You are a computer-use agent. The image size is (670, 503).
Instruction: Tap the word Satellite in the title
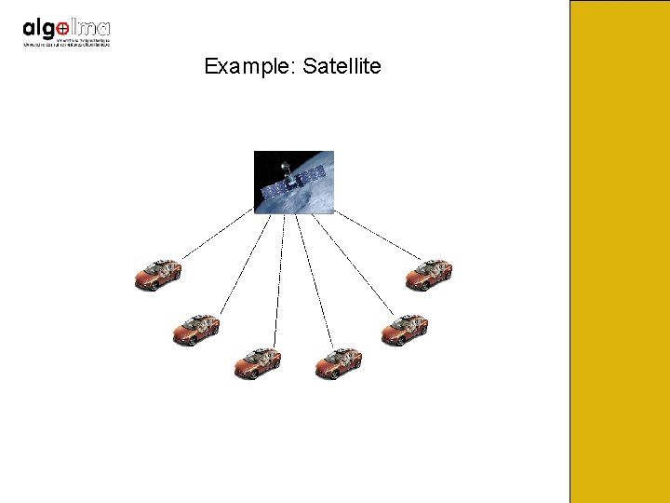point(342,67)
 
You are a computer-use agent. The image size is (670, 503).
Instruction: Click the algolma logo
point(66,31)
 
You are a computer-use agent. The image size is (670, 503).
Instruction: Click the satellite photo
point(294,183)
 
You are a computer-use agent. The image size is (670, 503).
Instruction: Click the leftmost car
point(157,274)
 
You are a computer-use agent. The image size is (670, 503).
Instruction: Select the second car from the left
point(196,329)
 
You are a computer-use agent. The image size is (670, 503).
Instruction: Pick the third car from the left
point(257,362)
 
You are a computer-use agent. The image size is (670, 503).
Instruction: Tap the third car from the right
point(338,362)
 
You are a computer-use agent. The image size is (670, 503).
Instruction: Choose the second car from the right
point(404,329)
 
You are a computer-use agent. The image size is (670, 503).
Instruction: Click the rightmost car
point(428,274)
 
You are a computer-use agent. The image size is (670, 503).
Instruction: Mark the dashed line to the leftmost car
point(217,235)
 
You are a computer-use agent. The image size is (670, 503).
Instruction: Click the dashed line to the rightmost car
point(377,234)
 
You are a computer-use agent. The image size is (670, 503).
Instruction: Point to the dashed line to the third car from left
point(279,279)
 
